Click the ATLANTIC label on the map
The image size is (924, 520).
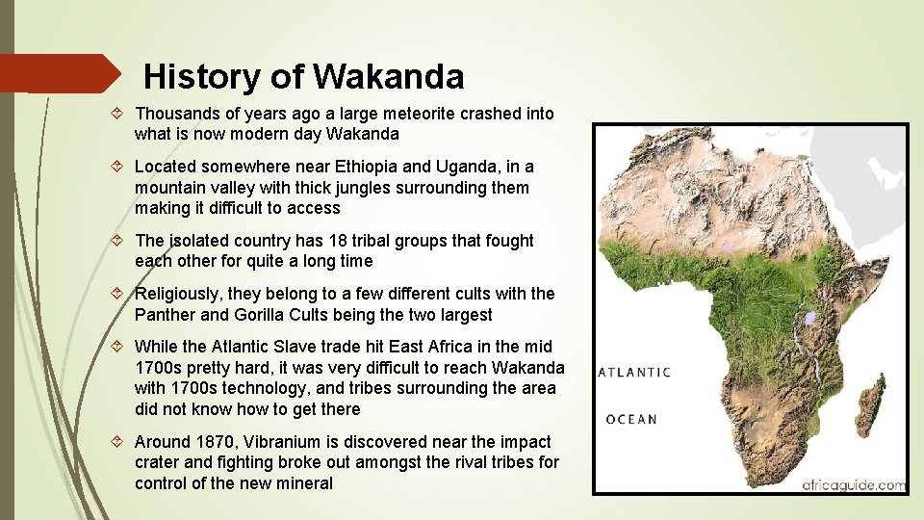tap(634, 373)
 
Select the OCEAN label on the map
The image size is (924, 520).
tap(631, 419)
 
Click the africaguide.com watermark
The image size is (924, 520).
tap(853, 484)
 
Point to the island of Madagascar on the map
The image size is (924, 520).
tap(872, 405)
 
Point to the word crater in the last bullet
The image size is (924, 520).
tap(159, 463)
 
